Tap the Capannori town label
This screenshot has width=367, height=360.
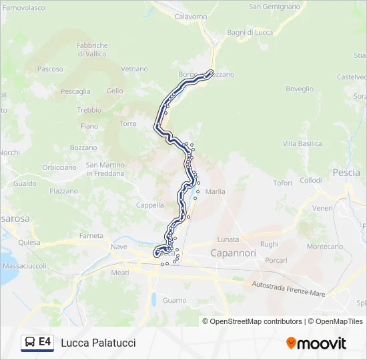[x=233, y=253]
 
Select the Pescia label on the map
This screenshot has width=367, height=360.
[x=346, y=172]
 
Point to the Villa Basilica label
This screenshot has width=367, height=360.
[x=302, y=143]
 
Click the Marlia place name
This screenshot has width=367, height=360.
[x=216, y=191]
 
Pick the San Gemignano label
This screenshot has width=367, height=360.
[x=274, y=7]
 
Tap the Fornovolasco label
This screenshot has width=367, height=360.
[x=23, y=8]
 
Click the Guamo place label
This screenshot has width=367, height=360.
[x=175, y=301]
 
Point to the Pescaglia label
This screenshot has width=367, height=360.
[x=75, y=91]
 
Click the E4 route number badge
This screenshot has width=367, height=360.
[x=45, y=342]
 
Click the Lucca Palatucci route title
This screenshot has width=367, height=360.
[x=98, y=343]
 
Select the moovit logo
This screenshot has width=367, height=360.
[x=316, y=343]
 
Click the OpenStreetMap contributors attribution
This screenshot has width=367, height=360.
[x=253, y=321]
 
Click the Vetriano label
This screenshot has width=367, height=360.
[x=134, y=69]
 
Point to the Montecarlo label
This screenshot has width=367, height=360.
[x=325, y=246]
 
